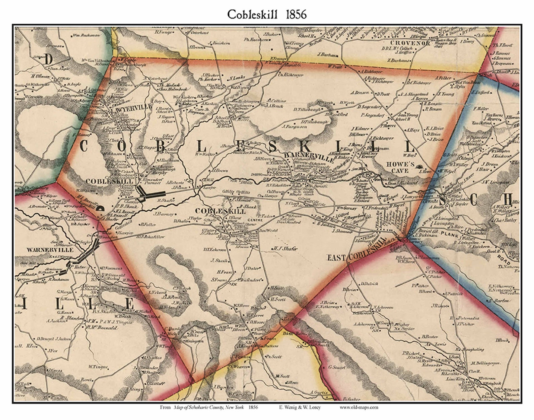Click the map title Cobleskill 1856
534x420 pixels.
(x=267, y=14)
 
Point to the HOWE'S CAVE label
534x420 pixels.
(x=400, y=167)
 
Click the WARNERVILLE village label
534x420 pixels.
(x=50, y=250)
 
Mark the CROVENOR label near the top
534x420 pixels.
(x=410, y=43)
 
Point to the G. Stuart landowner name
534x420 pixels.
(x=337, y=367)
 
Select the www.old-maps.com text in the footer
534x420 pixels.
(x=358, y=407)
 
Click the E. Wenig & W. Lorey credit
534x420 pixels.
(x=300, y=407)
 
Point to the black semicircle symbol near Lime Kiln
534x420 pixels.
(x=100, y=209)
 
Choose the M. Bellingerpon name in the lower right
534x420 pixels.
(x=487, y=363)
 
